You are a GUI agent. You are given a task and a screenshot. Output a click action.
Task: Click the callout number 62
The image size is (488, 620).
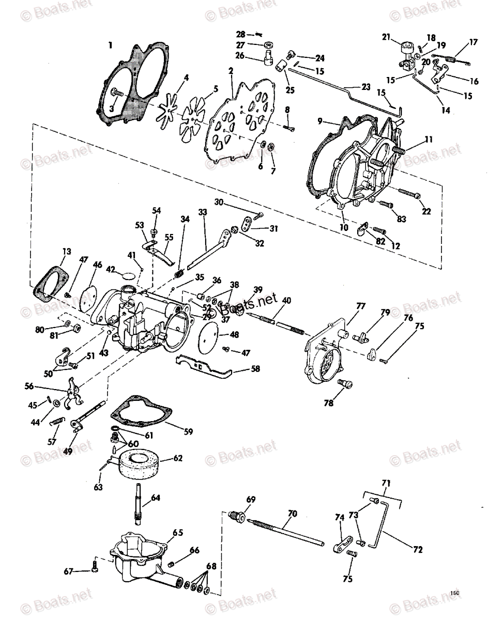pyautogui.click(x=178, y=458)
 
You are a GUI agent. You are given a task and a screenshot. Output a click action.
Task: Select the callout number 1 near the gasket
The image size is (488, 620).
pyautogui.click(x=111, y=45)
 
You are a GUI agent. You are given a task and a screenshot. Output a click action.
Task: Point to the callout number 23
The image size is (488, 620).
pyautogui.click(x=366, y=87)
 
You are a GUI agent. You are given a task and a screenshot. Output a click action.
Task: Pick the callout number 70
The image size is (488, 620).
pyautogui.click(x=293, y=514)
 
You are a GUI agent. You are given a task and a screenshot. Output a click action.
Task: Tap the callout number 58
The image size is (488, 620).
pyautogui.click(x=255, y=368)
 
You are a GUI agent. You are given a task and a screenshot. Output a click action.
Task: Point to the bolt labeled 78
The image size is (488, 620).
pyautogui.click(x=345, y=384)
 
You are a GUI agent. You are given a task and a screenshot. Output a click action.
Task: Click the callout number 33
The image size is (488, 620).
pyautogui.click(x=203, y=212)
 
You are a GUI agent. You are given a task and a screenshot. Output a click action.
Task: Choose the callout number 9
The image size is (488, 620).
pyautogui.click(x=320, y=121)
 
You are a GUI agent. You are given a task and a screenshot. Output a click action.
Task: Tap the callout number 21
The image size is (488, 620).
pyautogui.click(x=386, y=37)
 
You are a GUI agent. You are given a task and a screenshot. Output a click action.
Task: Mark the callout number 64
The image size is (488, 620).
pyautogui.click(x=156, y=498)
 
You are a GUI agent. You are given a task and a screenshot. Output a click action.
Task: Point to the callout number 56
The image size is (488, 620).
pyautogui.click(x=29, y=386)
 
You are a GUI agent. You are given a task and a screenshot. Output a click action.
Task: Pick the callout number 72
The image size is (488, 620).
pyautogui.click(x=418, y=549)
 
